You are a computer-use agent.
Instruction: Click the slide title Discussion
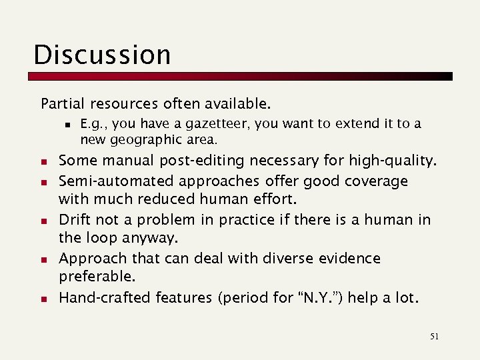(x=102, y=55)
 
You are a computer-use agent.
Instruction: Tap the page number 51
(x=434, y=337)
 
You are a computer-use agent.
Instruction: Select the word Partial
(x=61, y=104)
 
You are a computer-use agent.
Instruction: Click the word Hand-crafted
(x=105, y=297)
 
